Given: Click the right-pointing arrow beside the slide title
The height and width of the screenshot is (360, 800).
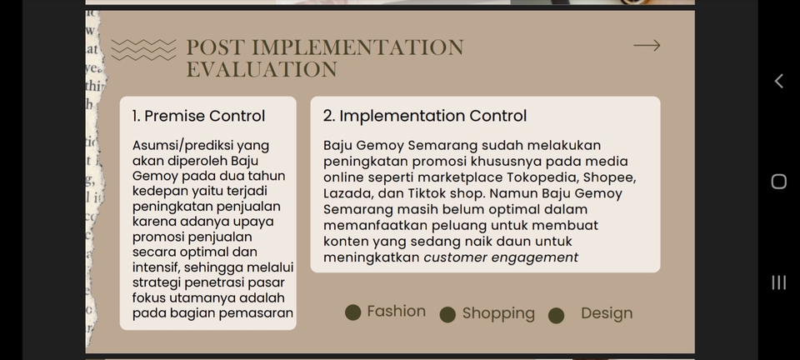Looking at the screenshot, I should tap(647, 46).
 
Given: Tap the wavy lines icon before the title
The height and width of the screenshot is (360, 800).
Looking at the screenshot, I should tap(143, 50).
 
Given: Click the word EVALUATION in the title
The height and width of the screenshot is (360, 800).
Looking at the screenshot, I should tap(262, 70).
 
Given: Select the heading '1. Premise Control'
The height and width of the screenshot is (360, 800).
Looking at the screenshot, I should tap(198, 116).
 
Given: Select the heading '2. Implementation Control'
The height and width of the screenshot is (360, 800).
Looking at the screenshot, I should tap(425, 116).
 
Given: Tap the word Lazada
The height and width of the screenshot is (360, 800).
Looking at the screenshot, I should tap(347, 193).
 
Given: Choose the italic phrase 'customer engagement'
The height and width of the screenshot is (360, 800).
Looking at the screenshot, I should tap(501, 257).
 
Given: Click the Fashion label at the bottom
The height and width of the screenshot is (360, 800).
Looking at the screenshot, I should tap(396, 312).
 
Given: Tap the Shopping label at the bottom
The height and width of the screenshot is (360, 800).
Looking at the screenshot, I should tap(498, 313).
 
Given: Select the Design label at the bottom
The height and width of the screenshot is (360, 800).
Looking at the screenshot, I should tap(607, 313).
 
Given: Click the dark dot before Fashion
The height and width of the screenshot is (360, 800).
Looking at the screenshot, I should tap(353, 312).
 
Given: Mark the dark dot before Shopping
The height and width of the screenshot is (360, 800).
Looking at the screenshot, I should tap(447, 314).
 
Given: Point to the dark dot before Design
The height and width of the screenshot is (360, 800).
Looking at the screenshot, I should tap(556, 315).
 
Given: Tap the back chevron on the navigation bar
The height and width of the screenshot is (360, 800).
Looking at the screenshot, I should tap(778, 81).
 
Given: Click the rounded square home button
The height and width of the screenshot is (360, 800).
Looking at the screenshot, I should tap(778, 182).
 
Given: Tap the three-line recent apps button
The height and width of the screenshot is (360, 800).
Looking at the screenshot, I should tap(778, 282).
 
